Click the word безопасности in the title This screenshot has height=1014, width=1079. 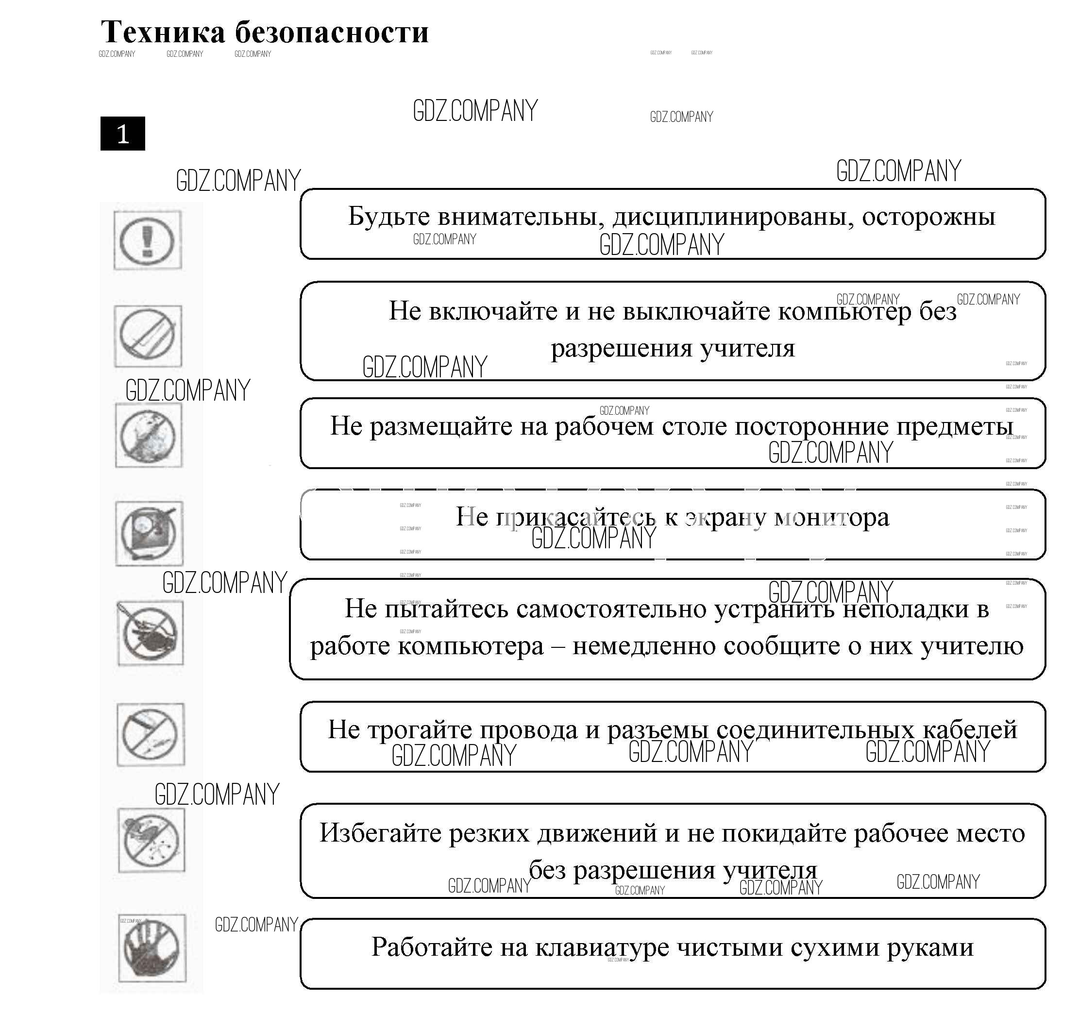click(x=332, y=33)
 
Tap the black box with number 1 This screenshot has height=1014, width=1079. click(x=123, y=134)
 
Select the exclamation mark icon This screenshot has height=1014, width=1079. click(x=147, y=240)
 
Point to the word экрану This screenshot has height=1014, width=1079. click(x=725, y=517)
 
